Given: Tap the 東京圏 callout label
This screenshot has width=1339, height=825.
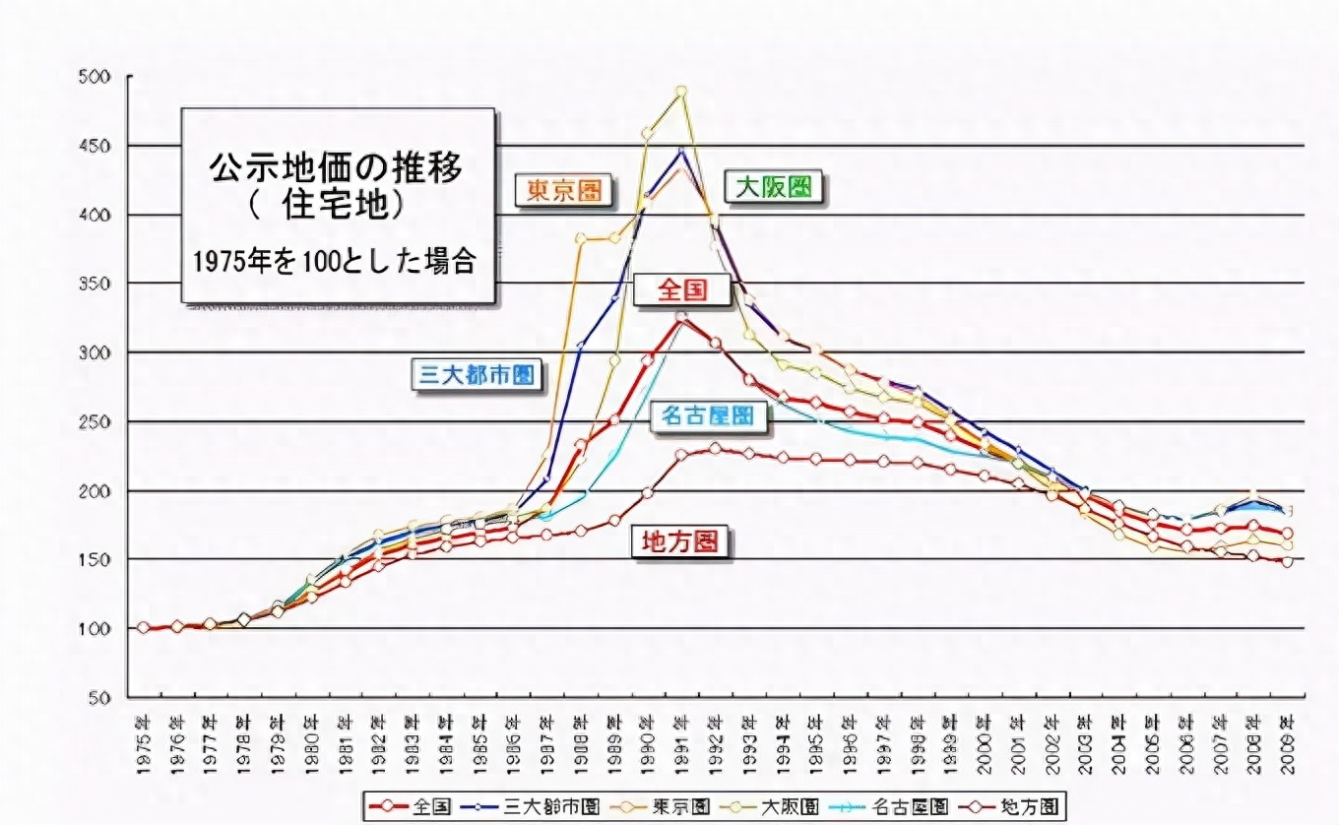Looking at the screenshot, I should coord(561,190).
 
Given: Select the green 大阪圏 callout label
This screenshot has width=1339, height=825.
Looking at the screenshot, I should coord(775,187).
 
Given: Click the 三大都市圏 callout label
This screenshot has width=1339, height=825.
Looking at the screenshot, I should coord(478,374).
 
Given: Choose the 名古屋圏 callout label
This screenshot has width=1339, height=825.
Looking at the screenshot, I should coord(708,416).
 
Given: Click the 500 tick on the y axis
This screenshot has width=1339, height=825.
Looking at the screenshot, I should coord(97,77).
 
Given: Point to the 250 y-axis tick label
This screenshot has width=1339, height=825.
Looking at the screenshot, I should coord(97,421).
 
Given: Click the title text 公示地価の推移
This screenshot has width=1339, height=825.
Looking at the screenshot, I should coord(335,168).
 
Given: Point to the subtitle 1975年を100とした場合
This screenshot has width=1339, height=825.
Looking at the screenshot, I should coord(335,261).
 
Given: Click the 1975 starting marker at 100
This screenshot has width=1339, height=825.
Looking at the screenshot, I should coord(144,627).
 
